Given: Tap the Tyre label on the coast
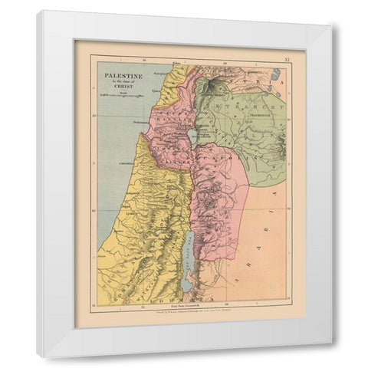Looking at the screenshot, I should pyautogui.click(x=159, y=88).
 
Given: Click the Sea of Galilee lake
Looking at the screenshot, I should pyautogui.click(x=190, y=136).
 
